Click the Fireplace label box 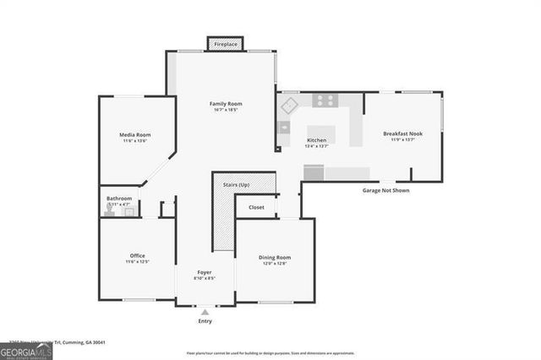coord(225,43)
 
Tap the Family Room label coord(226,104)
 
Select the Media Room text coord(135,134)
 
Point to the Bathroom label coord(119,199)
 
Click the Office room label coord(138,255)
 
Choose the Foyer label coord(205,271)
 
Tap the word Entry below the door coord(205,321)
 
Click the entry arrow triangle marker coord(205,312)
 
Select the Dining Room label coord(275,257)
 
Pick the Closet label coord(256,207)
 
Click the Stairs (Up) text coord(236,184)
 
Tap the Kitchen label coord(316,140)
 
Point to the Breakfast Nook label coord(402,134)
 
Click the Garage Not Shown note coord(386,191)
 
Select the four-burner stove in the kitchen coord(324,101)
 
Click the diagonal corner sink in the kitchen coord(289,105)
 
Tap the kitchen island coord(321,133)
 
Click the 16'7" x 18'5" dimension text coord(226,110)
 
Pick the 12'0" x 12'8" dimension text coord(275,263)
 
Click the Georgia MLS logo coord(25,350)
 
